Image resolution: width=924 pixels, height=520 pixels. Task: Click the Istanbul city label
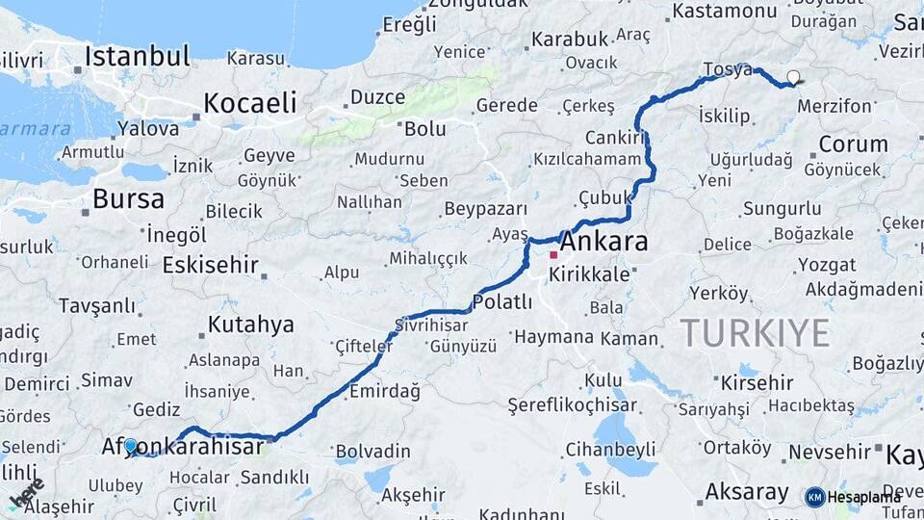[137, 56]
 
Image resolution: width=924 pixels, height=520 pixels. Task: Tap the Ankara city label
[603, 241]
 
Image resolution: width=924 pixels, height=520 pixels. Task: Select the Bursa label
[128, 199]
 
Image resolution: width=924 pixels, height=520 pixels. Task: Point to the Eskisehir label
[211, 264]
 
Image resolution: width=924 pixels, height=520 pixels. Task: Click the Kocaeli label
[249, 103]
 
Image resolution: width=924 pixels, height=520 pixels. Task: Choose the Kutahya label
[250, 324]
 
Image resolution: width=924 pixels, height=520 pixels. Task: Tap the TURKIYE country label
[755, 333]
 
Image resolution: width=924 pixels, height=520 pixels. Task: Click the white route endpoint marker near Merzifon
[793, 78]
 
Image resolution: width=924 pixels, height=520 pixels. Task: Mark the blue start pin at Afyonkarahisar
[131, 447]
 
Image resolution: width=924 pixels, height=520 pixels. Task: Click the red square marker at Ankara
[553, 255]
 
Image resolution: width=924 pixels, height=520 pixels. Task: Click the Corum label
[853, 144]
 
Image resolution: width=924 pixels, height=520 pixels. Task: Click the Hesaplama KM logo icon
[815, 497]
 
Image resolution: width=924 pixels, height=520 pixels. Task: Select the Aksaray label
[746, 491]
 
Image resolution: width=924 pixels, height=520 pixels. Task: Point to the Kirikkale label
[589, 274]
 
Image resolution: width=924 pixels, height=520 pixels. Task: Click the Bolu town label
[424, 128]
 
